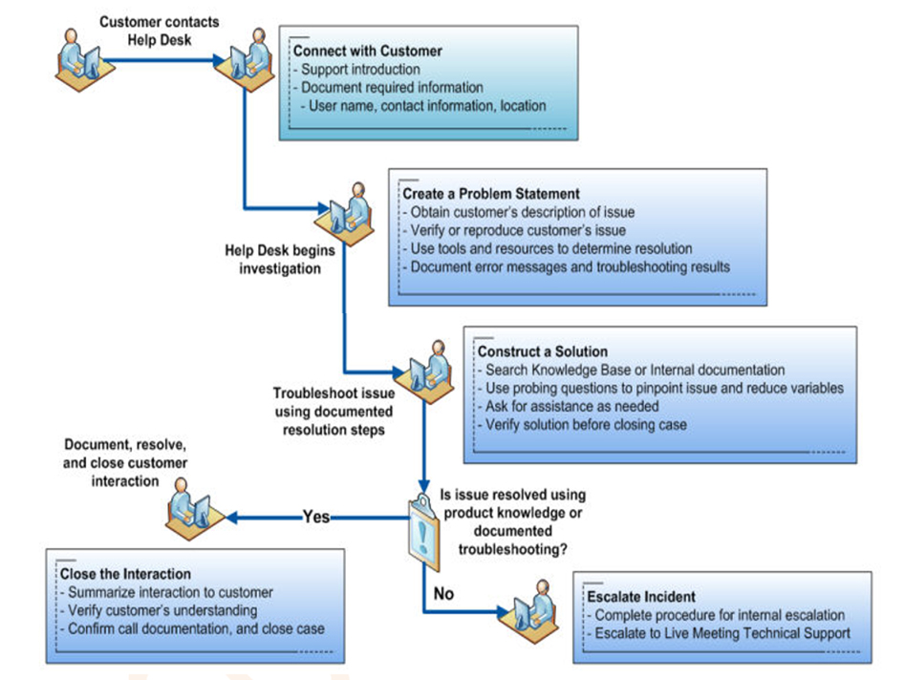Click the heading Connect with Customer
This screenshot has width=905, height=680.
coord(367,52)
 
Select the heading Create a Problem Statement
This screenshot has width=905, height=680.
coord(490,194)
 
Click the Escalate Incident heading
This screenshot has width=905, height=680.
coord(641,597)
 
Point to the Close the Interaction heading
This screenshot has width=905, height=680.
coord(125,574)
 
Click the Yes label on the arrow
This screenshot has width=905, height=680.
coord(316,517)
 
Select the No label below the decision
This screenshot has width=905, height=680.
coord(443,593)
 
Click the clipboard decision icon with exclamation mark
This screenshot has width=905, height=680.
coord(421,524)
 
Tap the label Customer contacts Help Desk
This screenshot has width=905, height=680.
coord(159,30)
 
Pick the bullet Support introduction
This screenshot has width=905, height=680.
coord(359,70)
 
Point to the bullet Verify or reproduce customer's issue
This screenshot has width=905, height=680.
coord(517,230)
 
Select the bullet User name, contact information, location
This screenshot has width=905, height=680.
coord(427,106)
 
